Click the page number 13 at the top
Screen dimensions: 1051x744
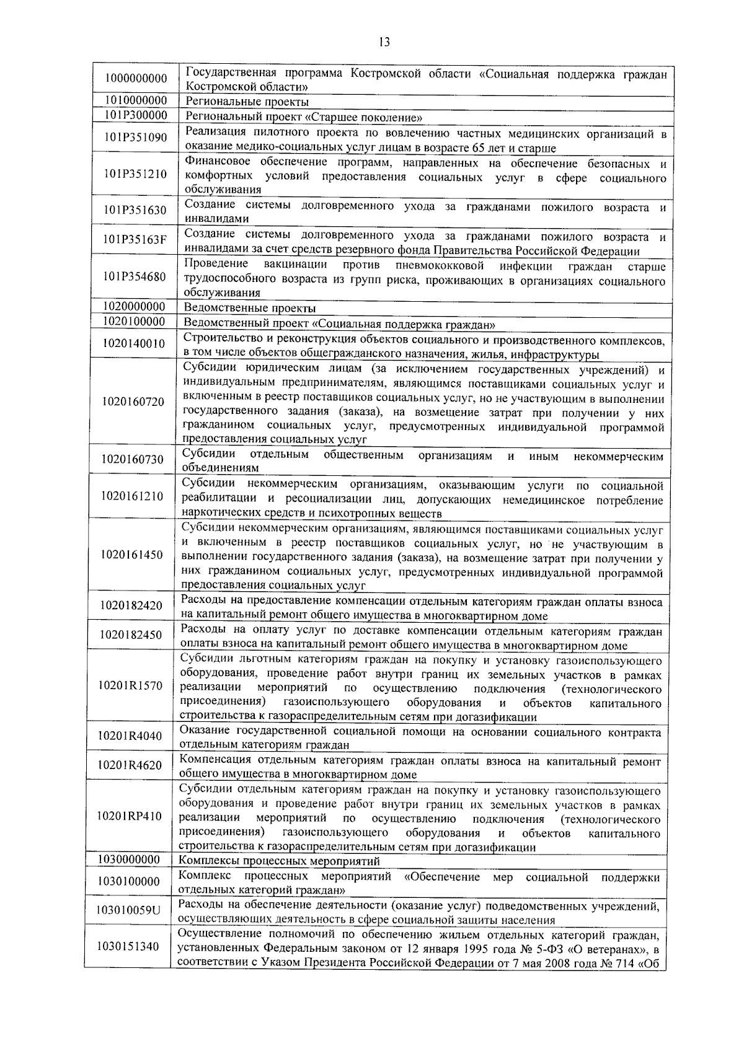384,43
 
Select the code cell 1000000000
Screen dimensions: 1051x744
136,79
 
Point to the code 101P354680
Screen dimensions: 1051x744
136,276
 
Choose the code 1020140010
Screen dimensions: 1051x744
135,343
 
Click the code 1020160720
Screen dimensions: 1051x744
134,402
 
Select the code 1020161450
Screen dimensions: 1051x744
133,555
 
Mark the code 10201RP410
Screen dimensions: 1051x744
130,816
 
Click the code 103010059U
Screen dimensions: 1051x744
128,910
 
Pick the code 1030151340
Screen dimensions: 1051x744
128,946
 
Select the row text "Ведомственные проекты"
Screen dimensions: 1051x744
250,308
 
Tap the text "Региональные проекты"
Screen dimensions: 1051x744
247,102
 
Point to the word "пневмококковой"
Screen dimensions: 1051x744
438,266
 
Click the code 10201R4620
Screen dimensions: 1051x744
130,765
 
